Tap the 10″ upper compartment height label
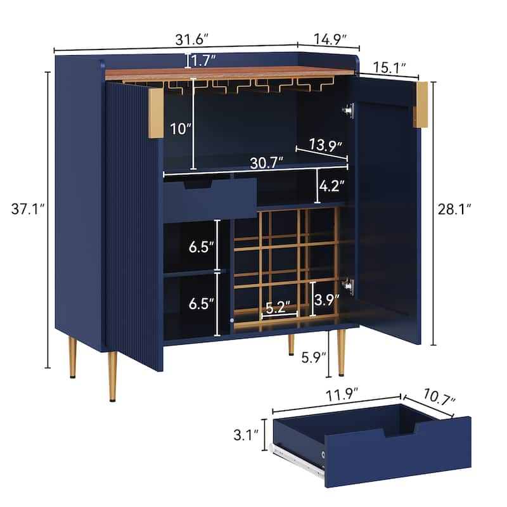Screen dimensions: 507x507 coord(180,129)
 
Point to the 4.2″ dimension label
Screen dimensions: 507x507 coord(333,187)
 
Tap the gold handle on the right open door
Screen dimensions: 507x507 coord(421,105)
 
